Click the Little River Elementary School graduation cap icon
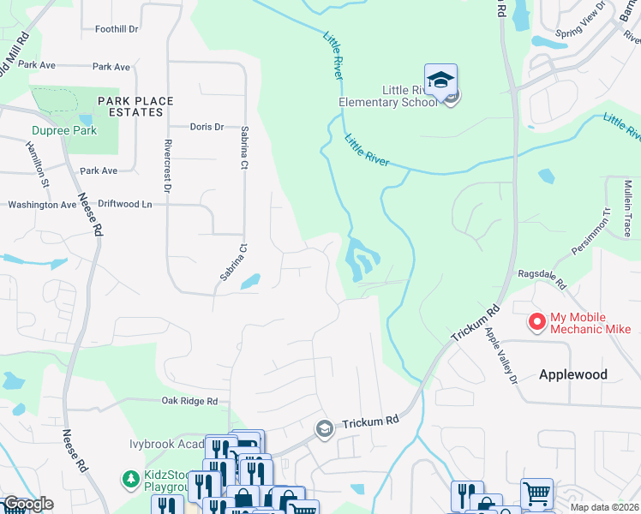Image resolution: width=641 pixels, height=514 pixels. (440, 80)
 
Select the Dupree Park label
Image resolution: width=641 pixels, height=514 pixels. (64, 130)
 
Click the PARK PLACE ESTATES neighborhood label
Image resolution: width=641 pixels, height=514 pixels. (135, 106)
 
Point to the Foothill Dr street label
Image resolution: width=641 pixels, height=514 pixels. (117, 28)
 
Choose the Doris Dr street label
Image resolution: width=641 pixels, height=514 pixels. (207, 127)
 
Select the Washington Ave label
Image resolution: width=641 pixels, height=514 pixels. (42, 205)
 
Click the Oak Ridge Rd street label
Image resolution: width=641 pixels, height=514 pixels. (189, 400)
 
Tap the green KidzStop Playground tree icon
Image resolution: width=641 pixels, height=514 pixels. (130, 477)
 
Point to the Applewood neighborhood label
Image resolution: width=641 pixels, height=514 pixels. (572, 374)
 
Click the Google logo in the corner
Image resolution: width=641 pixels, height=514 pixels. (27, 504)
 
